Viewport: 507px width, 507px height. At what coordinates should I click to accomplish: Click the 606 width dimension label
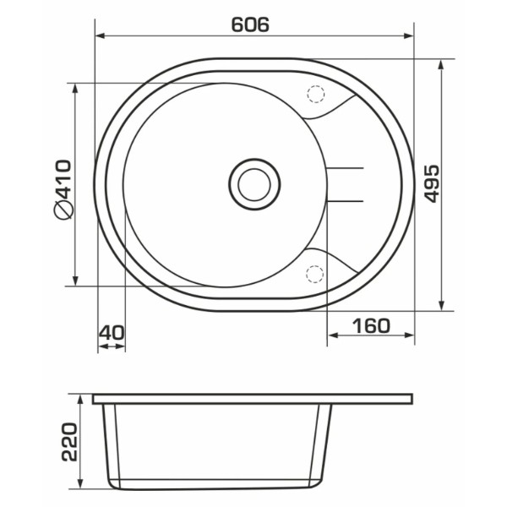point(250,25)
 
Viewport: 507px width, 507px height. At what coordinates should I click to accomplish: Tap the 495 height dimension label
point(432,184)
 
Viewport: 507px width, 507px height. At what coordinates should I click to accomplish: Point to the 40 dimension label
point(112,333)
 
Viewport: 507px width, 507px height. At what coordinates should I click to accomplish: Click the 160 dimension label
point(371,326)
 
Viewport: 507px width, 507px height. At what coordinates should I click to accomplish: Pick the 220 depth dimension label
point(69,442)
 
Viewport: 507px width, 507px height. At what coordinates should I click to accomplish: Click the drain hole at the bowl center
point(254,184)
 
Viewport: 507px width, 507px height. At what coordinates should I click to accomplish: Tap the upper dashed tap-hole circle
point(315,95)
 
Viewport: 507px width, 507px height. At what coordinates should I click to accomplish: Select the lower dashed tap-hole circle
point(314,275)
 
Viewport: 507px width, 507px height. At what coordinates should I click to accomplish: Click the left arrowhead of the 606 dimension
point(101,35)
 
